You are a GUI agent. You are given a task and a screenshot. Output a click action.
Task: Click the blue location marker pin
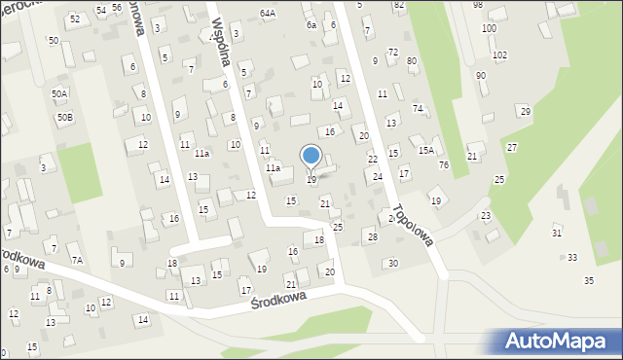click(x=311, y=157)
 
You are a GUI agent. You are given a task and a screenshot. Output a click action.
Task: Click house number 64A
click(x=268, y=14)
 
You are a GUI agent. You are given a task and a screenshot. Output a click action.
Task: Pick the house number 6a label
click(x=311, y=24)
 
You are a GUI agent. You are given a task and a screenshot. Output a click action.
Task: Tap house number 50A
click(x=60, y=93)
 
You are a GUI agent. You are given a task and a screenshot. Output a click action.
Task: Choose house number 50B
click(x=64, y=117)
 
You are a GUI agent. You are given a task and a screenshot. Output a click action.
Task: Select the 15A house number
click(x=426, y=150)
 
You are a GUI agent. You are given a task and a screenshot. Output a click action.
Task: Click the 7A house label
click(x=76, y=261)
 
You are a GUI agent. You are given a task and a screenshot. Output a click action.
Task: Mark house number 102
click(x=499, y=54)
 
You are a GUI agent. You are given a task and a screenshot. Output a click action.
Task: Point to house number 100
click(x=489, y=28)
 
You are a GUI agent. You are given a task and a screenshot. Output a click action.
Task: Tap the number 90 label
click(x=481, y=75)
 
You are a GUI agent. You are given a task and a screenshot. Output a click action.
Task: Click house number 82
click(x=399, y=5)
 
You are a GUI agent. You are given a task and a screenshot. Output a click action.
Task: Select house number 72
click(x=393, y=52)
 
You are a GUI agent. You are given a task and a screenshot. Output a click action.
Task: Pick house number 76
click(x=444, y=164)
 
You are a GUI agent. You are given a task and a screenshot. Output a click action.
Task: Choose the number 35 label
click(x=589, y=280)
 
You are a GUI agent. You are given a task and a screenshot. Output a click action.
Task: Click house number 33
click(x=572, y=257)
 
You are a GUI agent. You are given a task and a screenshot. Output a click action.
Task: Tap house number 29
click(x=526, y=112)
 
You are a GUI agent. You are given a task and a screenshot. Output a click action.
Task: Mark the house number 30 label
click(x=392, y=263)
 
